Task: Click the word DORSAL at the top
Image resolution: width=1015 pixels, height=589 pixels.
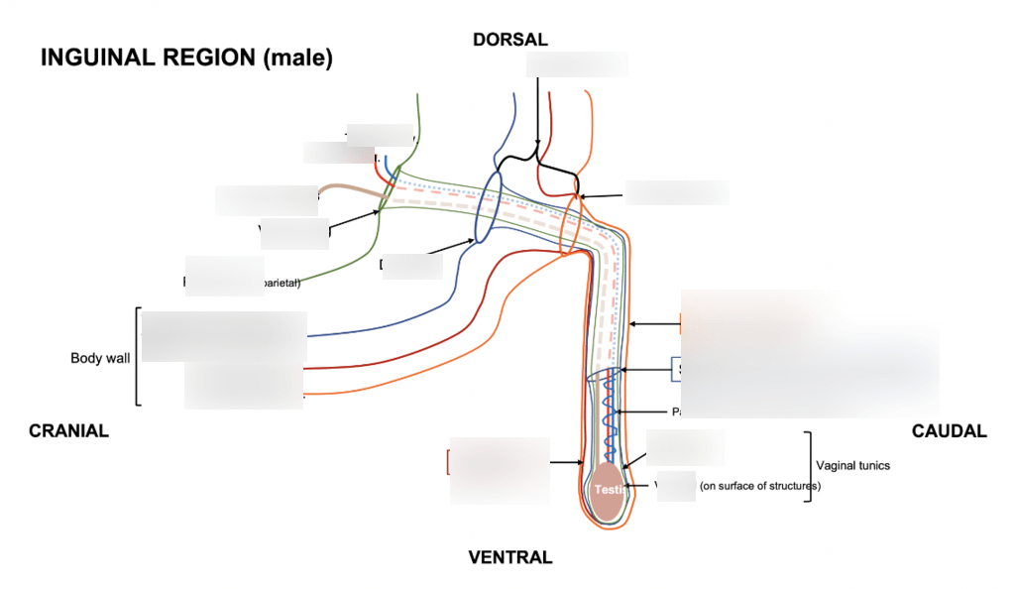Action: tap(509, 40)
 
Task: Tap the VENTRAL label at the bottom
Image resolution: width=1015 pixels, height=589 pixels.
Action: tap(509, 557)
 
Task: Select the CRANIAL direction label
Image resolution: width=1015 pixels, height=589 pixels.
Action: tap(68, 431)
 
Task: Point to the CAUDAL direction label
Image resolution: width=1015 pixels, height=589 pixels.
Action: tap(949, 431)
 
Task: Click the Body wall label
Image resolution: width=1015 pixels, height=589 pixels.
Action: tap(99, 358)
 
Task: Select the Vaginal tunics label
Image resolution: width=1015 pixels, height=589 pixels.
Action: tap(852, 465)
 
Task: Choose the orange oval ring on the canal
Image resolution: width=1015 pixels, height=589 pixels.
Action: tap(569, 225)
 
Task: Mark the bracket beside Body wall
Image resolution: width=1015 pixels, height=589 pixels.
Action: tap(136, 357)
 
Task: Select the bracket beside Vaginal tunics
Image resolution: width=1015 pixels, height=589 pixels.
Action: tap(810, 466)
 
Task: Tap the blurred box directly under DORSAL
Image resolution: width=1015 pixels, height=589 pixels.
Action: tap(577, 64)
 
